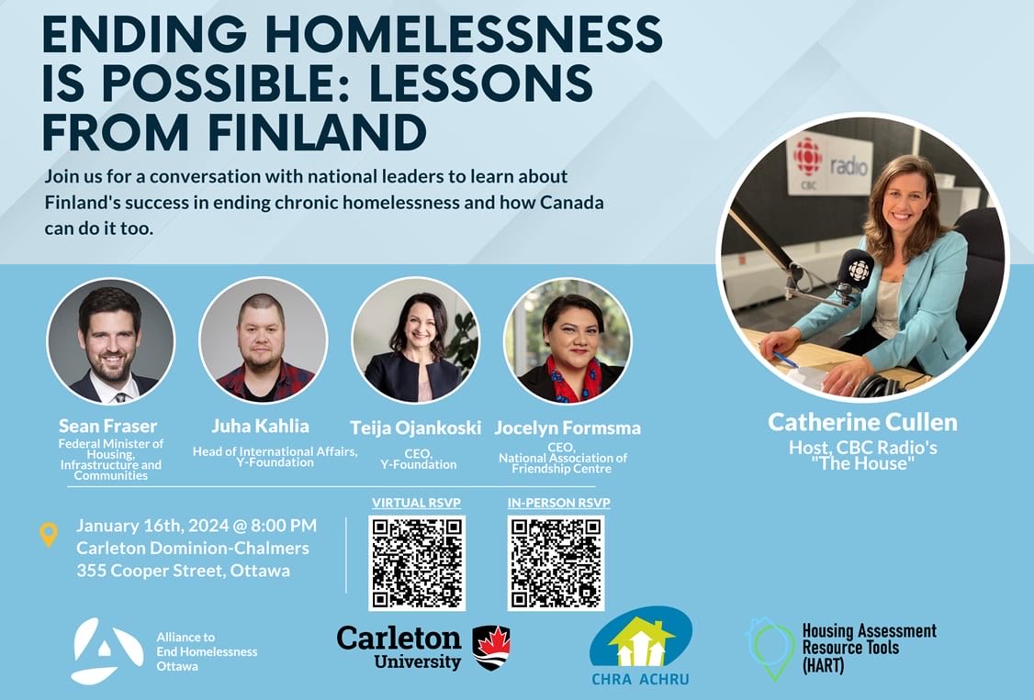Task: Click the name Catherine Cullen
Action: (x=862, y=423)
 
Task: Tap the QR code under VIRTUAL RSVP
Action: (x=417, y=563)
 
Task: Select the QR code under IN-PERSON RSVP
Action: (x=556, y=563)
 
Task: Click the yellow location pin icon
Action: (x=49, y=535)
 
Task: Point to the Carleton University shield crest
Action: (x=491, y=648)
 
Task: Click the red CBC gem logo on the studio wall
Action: (x=808, y=157)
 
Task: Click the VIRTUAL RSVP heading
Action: (x=416, y=503)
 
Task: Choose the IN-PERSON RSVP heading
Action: (x=558, y=503)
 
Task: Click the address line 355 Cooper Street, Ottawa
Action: (x=183, y=571)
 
